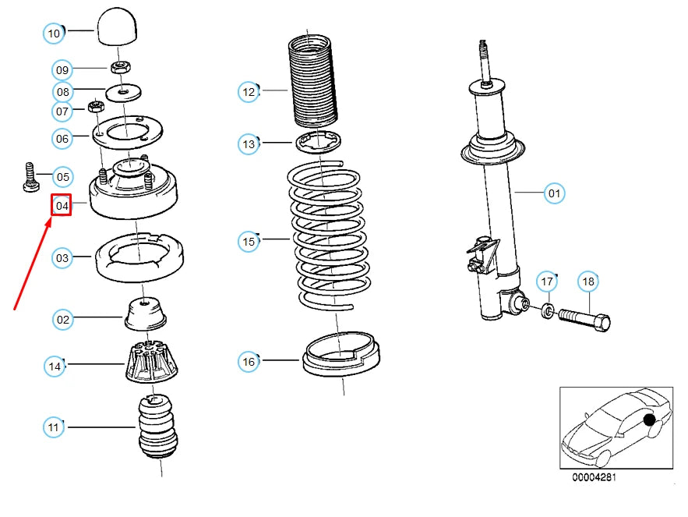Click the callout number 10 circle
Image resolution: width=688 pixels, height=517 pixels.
point(54,34)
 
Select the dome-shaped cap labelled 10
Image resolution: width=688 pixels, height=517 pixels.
point(117,26)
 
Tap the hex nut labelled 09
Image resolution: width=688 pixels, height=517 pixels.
point(120,67)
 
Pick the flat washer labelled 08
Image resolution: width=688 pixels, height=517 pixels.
point(123,92)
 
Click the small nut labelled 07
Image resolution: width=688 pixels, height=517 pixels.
point(95,106)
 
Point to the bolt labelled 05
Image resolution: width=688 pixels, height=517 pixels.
point(30,178)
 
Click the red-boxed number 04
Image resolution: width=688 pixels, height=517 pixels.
point(62,206)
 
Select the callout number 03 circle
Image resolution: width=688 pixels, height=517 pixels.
point(62,258)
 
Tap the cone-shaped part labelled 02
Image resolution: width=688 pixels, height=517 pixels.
point(146,313)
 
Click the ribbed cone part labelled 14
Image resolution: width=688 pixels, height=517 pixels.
point(152,362)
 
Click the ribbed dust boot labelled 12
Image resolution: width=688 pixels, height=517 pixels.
point(313,83)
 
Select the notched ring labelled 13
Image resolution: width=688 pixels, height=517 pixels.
point(318,142)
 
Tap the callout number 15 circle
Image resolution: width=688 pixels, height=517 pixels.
point(249,241)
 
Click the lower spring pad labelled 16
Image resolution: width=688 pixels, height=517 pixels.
point(341,355)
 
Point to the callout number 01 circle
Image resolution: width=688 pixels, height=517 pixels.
point(554,193)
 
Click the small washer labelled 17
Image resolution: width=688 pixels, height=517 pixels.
point(548,311)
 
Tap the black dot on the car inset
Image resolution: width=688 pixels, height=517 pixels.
point(649,420)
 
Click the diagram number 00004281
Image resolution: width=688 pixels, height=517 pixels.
point(594,477)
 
